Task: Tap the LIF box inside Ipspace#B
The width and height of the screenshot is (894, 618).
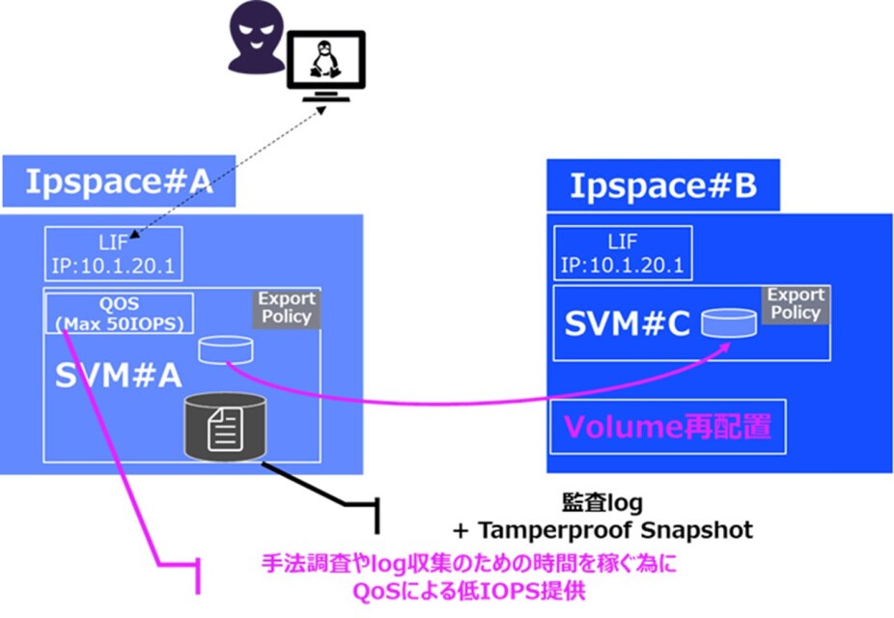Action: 622,254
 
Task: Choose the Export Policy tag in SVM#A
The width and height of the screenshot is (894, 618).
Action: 285,307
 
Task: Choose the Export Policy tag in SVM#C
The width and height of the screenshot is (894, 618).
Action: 796,304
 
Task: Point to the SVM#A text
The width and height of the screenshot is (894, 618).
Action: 119,377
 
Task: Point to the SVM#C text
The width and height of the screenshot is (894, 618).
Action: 629,325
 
